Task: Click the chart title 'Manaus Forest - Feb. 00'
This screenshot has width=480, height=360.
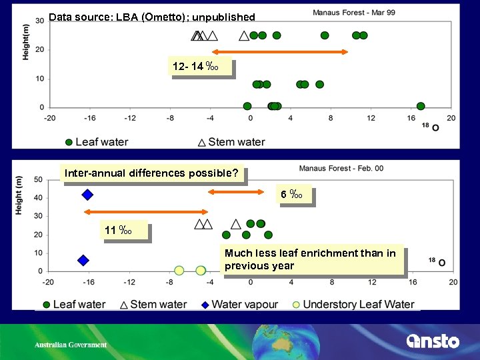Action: click(341, 169)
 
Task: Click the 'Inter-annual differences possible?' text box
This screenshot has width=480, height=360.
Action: click(152, 174)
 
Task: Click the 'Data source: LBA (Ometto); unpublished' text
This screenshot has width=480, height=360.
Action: click(152, 17)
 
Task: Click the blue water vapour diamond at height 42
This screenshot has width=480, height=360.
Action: click(87, 195)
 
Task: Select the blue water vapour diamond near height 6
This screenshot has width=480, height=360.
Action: click(83, 260)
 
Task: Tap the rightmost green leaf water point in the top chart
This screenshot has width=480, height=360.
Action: click(421, 106)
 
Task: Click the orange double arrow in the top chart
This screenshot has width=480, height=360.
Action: click(280, 52)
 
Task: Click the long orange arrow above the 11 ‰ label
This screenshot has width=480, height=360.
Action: click(137, 212)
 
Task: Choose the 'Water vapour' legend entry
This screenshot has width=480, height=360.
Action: click(240, 305)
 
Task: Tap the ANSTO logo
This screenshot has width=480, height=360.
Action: click(433, 341)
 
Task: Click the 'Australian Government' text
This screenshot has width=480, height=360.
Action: click(71, 345)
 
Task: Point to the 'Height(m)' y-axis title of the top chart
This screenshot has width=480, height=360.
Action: click(26, 41)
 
